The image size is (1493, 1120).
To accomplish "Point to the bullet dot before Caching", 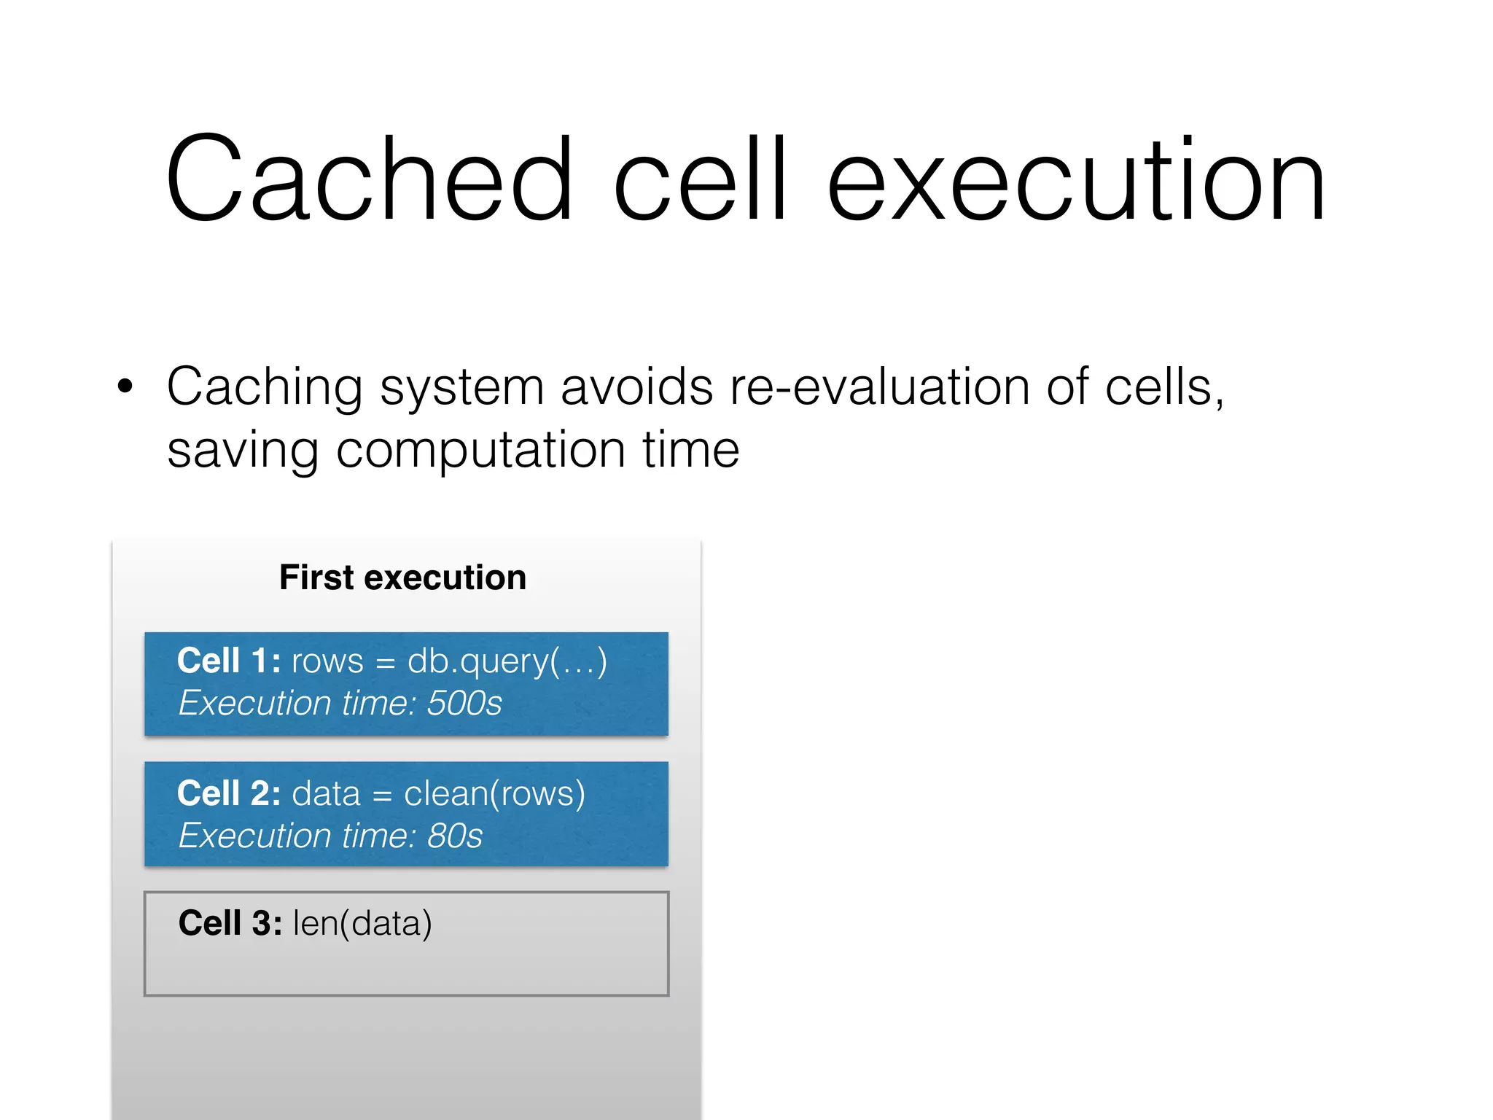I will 125,386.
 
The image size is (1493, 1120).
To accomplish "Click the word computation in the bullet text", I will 480,450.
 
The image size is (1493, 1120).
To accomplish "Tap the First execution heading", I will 402,577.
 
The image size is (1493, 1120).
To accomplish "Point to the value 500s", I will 464,704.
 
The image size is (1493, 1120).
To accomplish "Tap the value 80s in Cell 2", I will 455,836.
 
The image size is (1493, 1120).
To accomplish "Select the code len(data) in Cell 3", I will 362,924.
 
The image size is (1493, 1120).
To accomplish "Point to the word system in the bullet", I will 461,388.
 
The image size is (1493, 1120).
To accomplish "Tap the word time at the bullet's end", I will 690,450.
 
